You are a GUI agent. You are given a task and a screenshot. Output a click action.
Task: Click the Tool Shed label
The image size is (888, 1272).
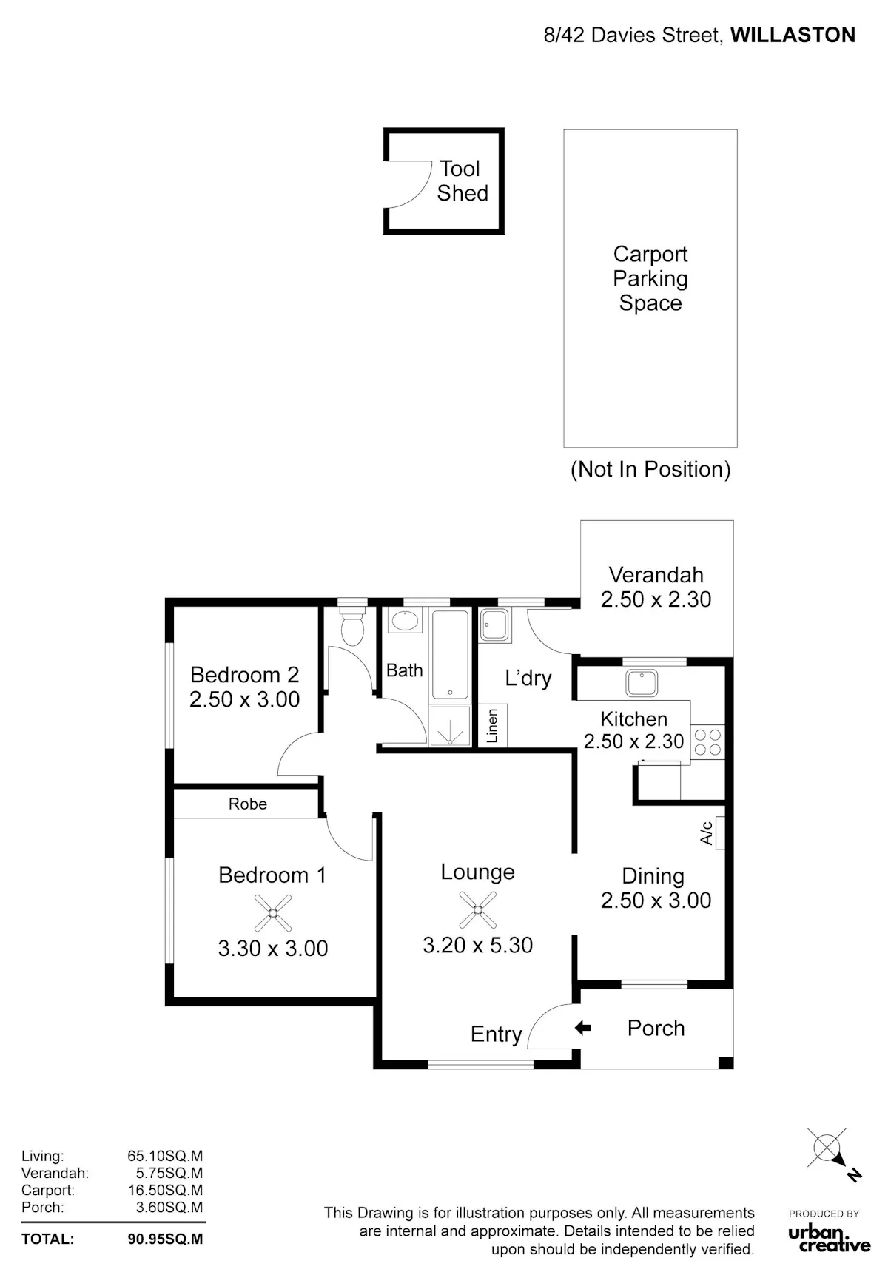point(462,181)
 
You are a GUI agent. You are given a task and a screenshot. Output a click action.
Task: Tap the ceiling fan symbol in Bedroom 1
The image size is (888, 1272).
point(273,913)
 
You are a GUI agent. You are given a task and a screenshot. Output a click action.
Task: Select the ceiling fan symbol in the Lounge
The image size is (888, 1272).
point(477,909)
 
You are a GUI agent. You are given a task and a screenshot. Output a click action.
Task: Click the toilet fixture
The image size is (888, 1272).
point(351,625)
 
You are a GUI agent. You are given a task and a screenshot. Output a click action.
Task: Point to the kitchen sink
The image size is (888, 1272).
point(642,683)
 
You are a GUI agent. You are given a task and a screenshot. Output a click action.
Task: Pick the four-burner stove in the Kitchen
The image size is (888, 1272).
point(707,742)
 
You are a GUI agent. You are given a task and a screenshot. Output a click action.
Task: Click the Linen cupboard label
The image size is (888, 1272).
point(492,725)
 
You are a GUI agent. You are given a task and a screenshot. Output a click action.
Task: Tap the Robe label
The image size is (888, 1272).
point(247,804)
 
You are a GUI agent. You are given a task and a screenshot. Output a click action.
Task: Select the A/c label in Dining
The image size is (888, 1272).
point(707,832)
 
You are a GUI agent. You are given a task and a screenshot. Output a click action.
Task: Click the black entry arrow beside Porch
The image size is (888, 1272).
point(583,1027)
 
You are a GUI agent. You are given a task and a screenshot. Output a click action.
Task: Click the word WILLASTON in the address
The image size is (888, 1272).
point(793,35)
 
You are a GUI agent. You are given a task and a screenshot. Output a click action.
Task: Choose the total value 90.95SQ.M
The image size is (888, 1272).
point(165,1239)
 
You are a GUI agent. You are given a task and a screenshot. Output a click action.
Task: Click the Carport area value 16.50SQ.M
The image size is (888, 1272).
point(165,1190)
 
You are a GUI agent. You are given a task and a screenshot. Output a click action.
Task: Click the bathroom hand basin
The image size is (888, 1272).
point(405,621)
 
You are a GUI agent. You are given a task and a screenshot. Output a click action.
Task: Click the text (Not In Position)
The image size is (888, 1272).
point(650,469)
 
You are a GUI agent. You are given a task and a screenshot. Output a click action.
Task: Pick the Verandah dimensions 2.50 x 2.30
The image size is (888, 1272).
point(656,599)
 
